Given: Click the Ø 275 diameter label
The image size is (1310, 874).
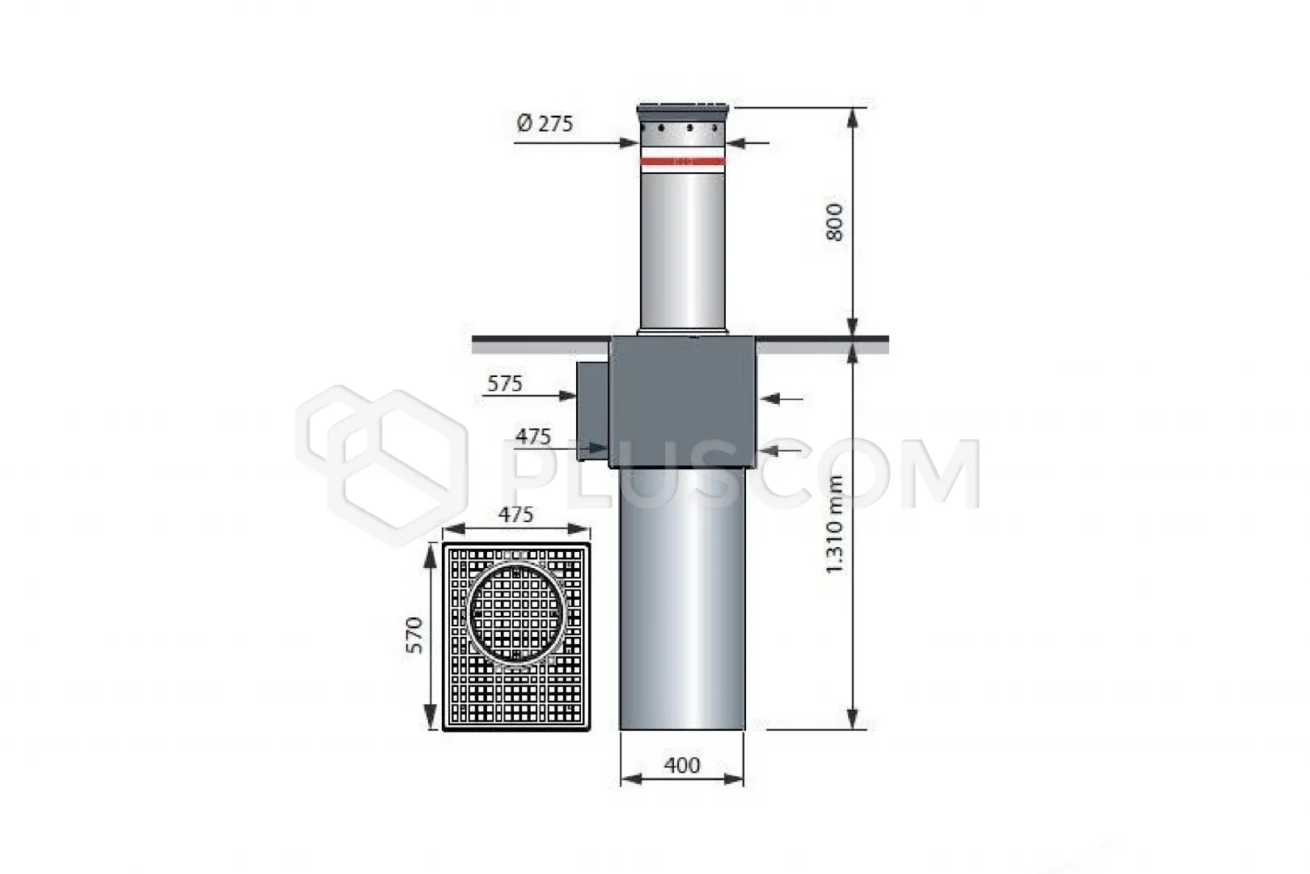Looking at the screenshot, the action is [x=545, y=124].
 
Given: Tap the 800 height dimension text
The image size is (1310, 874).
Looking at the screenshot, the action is [x=835, y=223].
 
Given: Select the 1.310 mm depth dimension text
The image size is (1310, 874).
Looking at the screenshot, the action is [x=835, y=524].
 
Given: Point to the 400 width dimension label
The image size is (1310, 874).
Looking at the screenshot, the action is [x=682, y=766].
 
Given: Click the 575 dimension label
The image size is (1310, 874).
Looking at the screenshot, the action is [x=505, y=384].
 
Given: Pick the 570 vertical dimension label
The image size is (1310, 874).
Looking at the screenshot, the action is [x=414, y=635].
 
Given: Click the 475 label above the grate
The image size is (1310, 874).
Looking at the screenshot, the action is [x=515, y=514].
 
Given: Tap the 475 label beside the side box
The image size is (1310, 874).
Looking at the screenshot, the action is [x=532, y=436].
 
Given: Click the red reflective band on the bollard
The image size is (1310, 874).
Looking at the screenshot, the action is [x=683, y=162].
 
